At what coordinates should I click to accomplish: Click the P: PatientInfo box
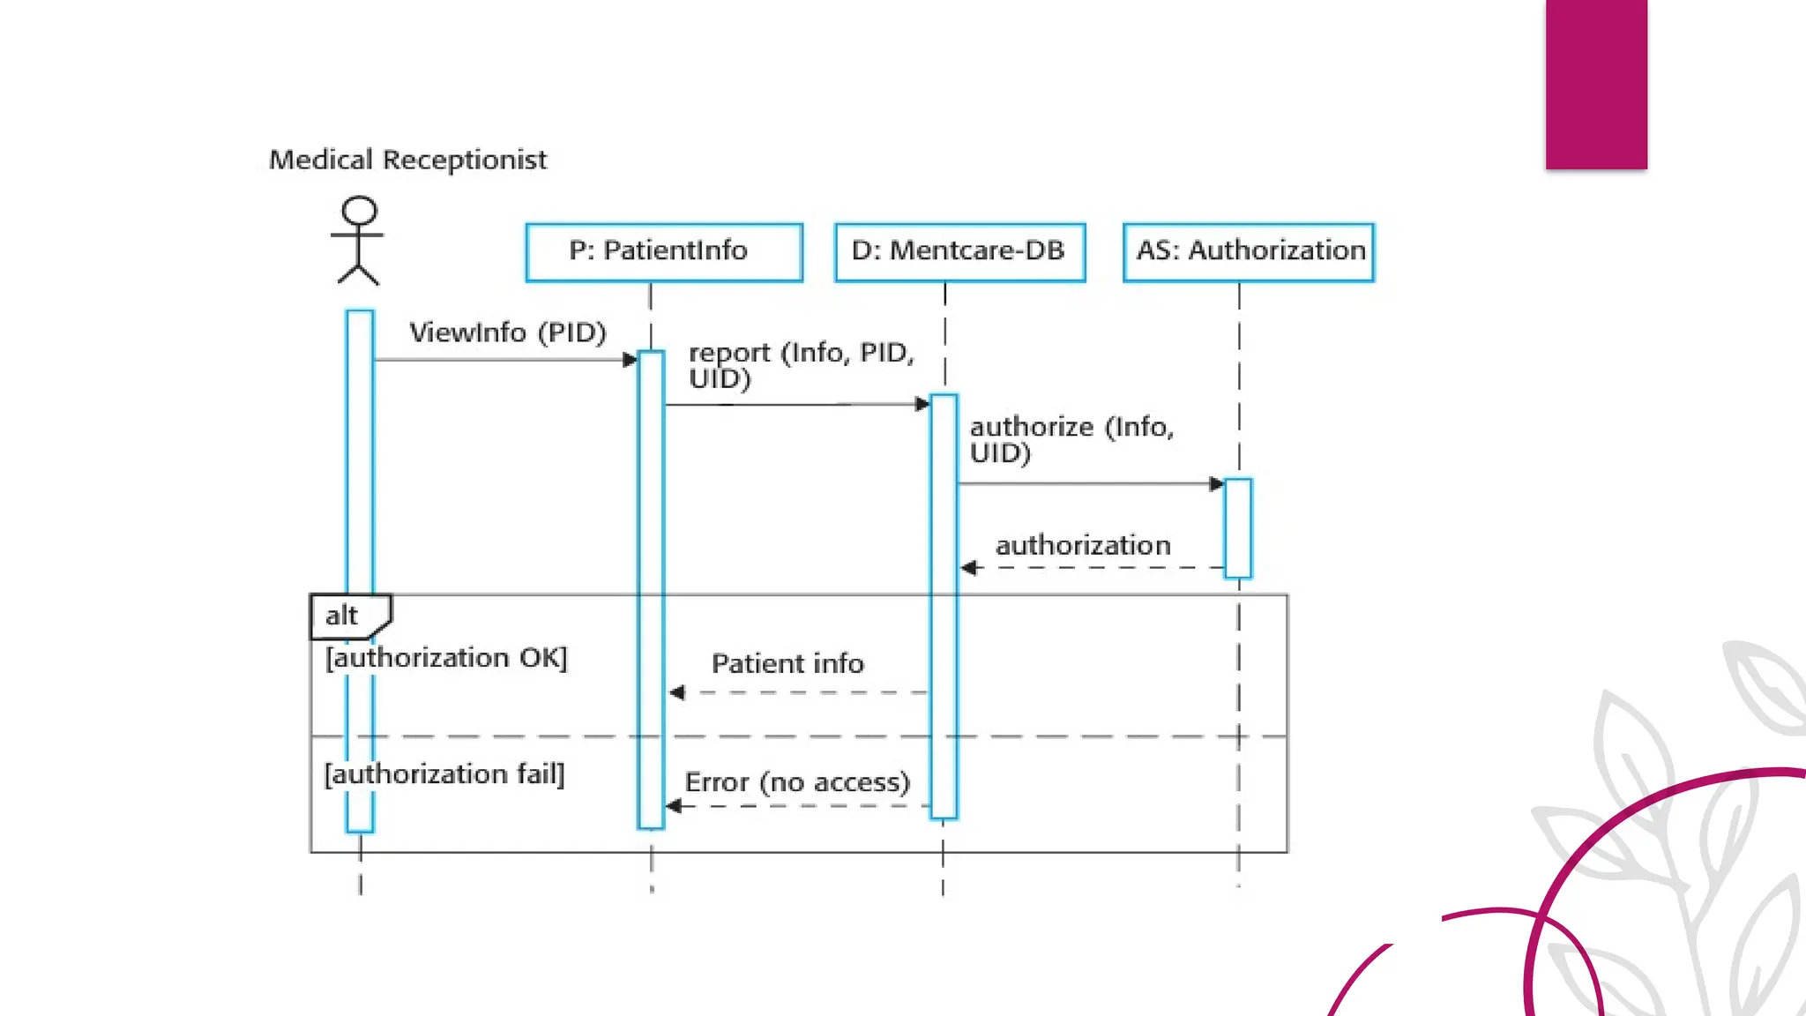(663, 251)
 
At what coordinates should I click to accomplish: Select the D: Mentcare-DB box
(959, 251)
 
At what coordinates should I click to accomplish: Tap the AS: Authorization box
(1249, 251)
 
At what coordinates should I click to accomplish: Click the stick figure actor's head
(359, 211)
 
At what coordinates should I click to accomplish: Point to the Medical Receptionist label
(407, 160)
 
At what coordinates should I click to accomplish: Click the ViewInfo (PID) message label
(508, 332)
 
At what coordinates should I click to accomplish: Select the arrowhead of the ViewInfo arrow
(630, 360)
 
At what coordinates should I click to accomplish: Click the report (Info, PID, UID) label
(801, 365)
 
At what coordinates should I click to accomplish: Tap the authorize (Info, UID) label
(1071, 439)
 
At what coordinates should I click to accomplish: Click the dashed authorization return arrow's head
(968, 568)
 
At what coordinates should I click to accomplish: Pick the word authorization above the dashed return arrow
(1083, 545)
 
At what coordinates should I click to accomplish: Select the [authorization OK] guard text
(446, 658)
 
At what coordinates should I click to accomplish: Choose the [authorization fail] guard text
(444, 774)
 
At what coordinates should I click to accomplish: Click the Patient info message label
(787, 663)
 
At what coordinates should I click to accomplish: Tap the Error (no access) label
(797, 782)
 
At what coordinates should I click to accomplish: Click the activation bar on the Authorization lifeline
(1238, 527)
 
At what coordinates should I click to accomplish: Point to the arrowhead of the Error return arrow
(674, 806)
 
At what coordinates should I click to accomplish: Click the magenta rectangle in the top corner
(1596, 84)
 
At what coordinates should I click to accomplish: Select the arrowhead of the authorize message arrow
(1216, 483)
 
